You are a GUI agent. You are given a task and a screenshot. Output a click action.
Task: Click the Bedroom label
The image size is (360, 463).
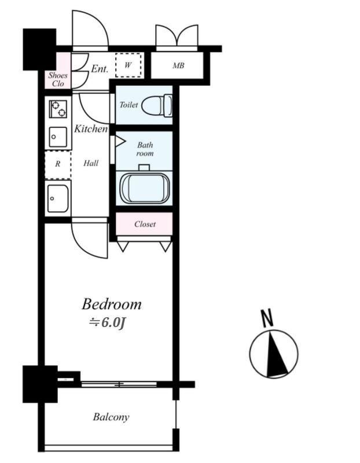[111, 304]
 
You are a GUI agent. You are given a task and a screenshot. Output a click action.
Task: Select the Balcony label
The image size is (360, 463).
[111, 417]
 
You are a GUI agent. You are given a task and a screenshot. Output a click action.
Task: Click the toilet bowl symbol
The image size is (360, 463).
[156, 105]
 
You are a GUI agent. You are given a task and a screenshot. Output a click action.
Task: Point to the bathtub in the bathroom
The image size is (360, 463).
[145, 189]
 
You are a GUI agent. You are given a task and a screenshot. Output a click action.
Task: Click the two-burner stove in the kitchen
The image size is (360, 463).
[58, 109]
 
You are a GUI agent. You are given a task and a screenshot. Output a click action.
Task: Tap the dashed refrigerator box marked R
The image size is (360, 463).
[58, 165]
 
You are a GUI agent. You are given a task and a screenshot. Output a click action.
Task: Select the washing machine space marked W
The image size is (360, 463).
[128, 65]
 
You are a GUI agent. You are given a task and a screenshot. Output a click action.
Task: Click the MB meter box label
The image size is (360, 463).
[178, 65]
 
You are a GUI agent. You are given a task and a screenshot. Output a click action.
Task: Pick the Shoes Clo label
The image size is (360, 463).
[58, 79]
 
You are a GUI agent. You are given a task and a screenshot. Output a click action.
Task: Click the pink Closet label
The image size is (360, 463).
[145, 224]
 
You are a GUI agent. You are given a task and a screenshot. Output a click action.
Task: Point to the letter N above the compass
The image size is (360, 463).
[267, 318]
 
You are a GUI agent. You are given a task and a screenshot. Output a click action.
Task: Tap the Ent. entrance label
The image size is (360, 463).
[100, 69]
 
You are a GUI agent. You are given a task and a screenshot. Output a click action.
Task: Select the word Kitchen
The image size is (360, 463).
[91, 128]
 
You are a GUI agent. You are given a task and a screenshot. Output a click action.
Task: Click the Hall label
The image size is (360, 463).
[91, 163]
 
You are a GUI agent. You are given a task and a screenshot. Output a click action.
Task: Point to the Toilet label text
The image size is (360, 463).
[128, 105]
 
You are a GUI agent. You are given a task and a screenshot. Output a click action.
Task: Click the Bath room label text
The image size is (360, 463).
[145, 149]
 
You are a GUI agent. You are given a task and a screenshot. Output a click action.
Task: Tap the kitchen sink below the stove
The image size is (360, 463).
[58, 137]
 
